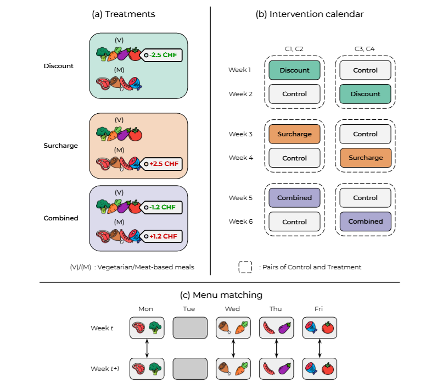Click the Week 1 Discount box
point(294,70)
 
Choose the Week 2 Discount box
point(366,94)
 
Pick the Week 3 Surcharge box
point(294,134)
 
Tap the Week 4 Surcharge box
point(366,158)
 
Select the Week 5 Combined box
point(294,198)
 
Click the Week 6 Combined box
point(366,221)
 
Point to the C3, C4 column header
point(366,49)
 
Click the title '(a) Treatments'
point(123,14)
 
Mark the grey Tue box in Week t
point(189,328)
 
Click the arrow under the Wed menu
point(233,348)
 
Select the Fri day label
point(319,309)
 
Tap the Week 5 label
point(240,198)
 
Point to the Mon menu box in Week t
point(147,328)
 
